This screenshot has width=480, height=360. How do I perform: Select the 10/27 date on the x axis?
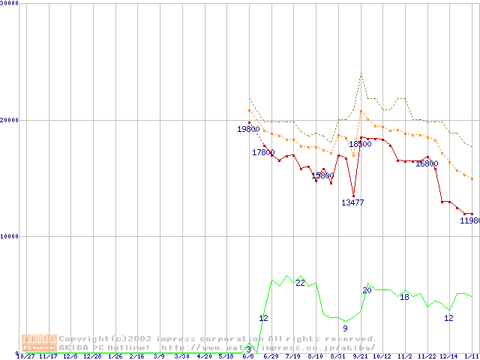tap(25, 356)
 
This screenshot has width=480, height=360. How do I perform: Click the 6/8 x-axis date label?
tap(248, 356)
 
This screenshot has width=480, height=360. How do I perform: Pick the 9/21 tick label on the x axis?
tap(360, 356)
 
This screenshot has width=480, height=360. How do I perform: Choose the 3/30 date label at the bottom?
tap(181, 356)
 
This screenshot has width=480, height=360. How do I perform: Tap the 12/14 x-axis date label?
tap(448, 356)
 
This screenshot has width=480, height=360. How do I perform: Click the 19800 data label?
tap(248, 130)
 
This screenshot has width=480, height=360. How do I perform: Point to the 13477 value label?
tap(352, 202)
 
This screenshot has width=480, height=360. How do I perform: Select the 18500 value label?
tap(360, 144)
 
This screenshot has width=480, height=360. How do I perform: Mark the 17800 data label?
tap(263, 152)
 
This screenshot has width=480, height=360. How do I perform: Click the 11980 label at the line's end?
tap(469, 220)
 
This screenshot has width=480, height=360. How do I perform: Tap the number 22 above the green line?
tap(300, 283)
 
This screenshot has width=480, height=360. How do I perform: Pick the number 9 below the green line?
tap(345, 328)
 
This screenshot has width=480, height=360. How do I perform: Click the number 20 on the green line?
tap(367, 290)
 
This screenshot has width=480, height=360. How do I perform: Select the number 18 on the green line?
tap(404, 297)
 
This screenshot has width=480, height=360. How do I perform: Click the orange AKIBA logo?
tap(39, 343)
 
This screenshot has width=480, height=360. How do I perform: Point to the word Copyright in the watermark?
tap(82, 339)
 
